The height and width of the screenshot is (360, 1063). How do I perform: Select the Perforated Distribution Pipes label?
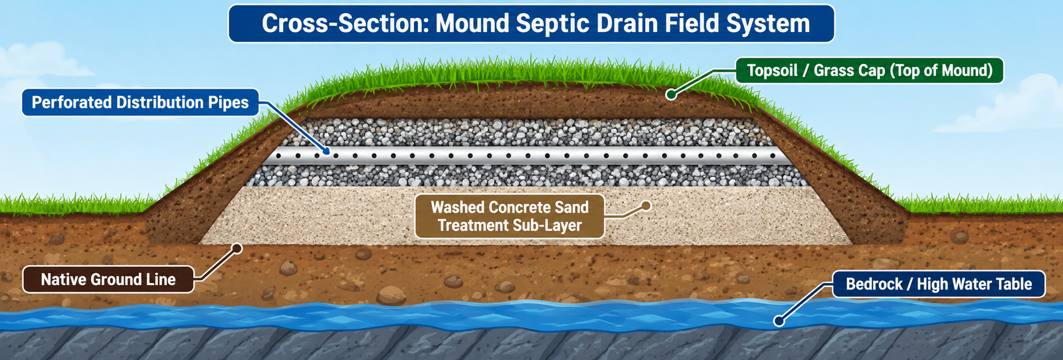(x=140, y=102)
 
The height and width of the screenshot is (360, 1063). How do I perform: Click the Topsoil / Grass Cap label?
(x=870, y=70)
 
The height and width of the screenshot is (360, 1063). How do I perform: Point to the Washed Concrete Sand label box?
(x=510, y=217)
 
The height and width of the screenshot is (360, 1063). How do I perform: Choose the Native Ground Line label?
(x=108, y=280)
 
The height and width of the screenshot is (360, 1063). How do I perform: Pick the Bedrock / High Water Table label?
(x=939, y=284)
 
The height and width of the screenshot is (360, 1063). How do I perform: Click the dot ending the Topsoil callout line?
(x=670, y=94)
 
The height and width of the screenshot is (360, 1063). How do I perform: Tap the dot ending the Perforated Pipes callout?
(x=326, y=152)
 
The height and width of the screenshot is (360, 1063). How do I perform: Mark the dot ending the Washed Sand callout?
(x=645, y=206)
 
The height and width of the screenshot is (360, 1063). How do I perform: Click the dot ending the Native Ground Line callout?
(x=237, y=248)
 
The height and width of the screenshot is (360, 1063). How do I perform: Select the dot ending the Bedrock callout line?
(x=778, y=321)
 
